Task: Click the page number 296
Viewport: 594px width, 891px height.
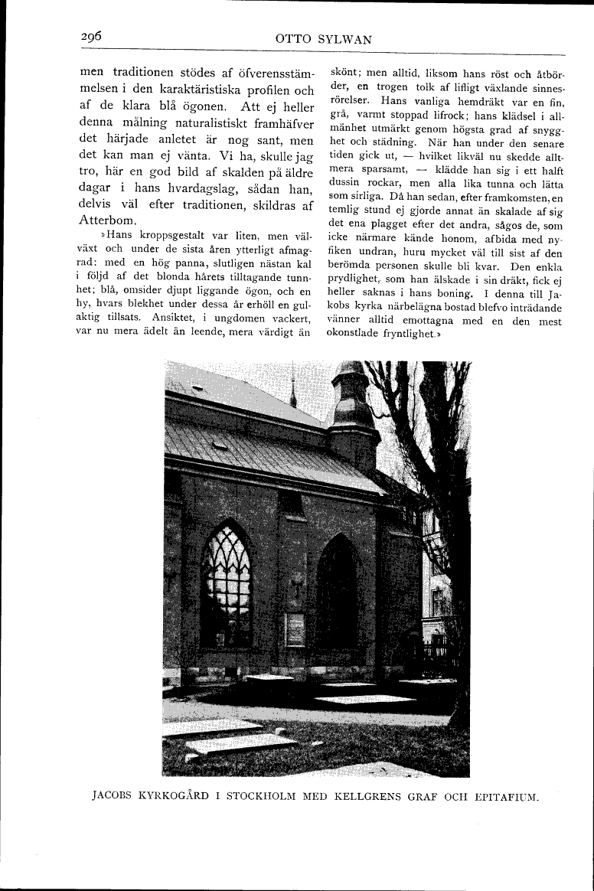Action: click(x=91, y=38)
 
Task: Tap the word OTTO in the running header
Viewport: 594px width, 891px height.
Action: click(x=291, y=39)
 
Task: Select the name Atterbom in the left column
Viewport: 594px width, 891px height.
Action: click(x=107, y=220)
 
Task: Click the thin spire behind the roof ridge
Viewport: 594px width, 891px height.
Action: click(x=292, y=390)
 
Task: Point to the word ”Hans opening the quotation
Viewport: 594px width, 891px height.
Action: click(x=113, y=234)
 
